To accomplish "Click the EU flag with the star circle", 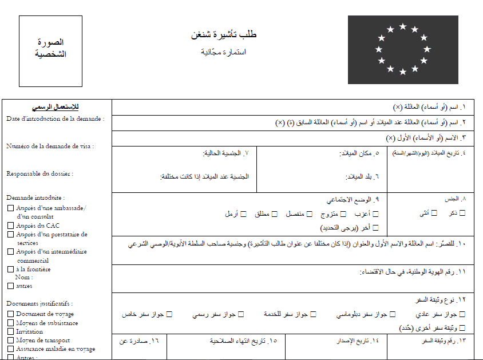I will (403, 50).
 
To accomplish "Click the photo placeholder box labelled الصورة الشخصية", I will (50, 49).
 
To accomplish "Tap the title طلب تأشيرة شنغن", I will (224, 35).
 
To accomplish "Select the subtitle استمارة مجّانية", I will (224, 52).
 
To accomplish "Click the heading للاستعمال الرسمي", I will (56, 107).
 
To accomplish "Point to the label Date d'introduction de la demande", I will (55, 118).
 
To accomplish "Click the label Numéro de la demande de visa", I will (50, 146).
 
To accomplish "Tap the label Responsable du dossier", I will (39, 173).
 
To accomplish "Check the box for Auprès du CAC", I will (10, 226).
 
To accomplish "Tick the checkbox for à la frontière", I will (10, 269).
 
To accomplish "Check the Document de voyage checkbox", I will (10, 314).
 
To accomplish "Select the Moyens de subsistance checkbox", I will (10, 323).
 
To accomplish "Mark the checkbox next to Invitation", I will (10, 331).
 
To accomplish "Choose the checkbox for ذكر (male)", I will (462, 213).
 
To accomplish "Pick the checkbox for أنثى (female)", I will (434, 213).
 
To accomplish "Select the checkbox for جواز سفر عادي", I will (462, 314).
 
